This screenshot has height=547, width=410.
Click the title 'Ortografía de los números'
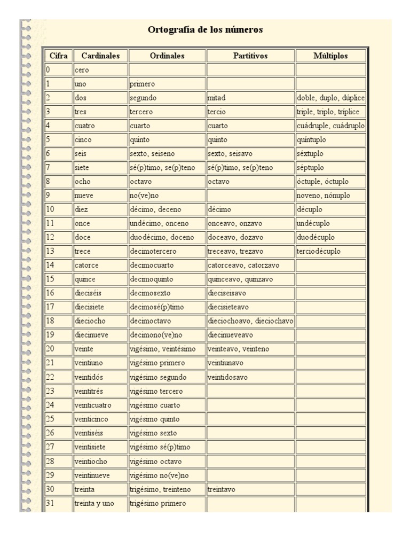click(x=205, y=30)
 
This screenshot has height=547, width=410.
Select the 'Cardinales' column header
click(x=100, y=56)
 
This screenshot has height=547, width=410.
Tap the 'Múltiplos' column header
click(x=330, y=56)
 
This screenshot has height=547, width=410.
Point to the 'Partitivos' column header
click(x=250, y=56)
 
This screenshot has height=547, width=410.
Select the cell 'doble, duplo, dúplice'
click(x=330, y=98)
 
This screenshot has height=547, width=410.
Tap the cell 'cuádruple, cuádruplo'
click(x=330, y=126)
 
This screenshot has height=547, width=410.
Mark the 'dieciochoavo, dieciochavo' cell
click(x=250, y=321)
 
